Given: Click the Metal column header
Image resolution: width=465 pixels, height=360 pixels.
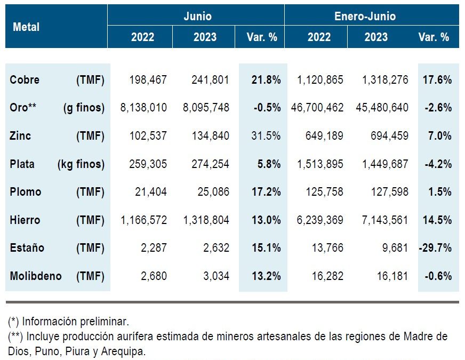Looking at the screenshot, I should click(x=26, y=27).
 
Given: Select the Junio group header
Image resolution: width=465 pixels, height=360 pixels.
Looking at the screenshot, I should click(x=197, y=16).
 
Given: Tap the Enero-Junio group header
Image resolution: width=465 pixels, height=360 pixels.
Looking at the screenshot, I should click(x=365, y=16).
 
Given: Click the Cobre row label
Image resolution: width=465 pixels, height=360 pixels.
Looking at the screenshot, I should click(x=25, y=80).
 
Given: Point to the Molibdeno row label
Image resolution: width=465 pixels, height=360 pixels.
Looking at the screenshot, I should click(x=36, y=276).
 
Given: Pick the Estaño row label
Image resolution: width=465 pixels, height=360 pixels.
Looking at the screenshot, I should click(x=27, y=248).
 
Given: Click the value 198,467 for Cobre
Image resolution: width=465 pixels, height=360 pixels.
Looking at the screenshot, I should click(x=148, y=80).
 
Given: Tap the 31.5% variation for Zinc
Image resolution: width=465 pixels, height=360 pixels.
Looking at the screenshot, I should click(x=266, y=136).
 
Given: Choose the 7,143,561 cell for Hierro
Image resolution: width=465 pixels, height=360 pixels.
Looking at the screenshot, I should click(x=382, y=220).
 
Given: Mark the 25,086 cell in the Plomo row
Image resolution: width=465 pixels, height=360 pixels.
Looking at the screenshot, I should click(x=211, y=192).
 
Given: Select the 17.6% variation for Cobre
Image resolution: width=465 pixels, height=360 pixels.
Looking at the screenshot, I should click(x=437, y=80).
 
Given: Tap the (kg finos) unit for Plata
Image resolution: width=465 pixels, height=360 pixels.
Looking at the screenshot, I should click(x=81, y=164).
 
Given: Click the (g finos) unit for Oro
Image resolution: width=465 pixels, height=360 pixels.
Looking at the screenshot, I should click(x=84, y=108).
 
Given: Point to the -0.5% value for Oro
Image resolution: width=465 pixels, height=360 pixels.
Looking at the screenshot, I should click(x=267, y=108).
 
